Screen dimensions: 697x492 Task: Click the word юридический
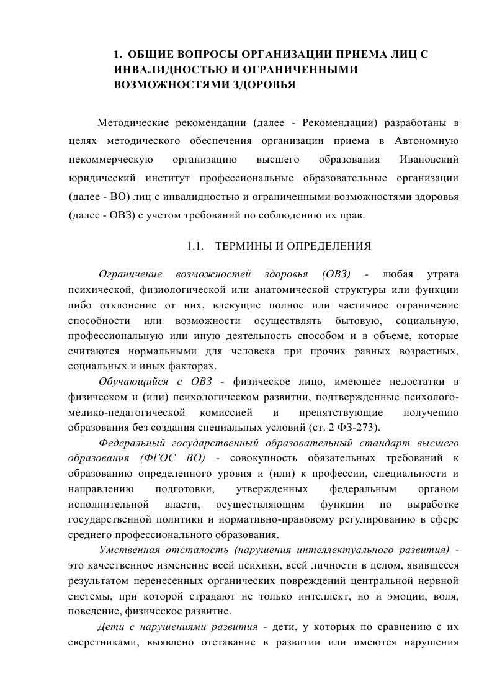(100, 179)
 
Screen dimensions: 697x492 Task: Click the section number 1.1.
(195, 246)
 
